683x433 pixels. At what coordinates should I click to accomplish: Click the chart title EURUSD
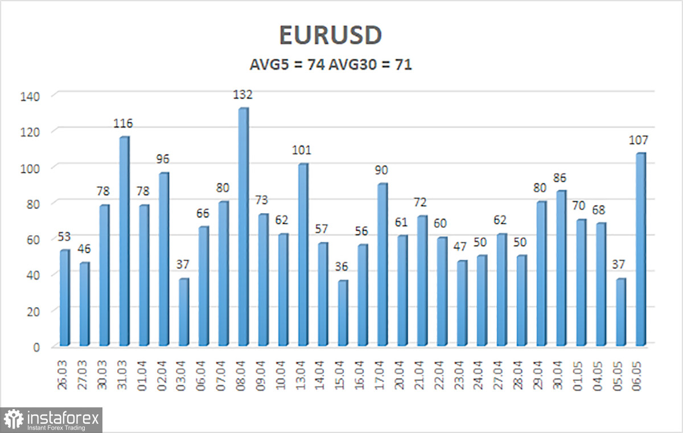click(331, 35)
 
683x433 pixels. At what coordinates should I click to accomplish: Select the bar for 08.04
click(244, 227)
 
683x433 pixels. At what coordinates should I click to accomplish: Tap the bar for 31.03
click(124, 241)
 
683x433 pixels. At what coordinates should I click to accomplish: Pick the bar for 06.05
click(641, 250)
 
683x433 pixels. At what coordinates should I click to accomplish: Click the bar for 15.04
click(343, 313)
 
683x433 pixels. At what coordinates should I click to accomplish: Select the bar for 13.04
click(303, 255)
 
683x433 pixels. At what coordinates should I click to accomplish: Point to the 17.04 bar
click(382, 264)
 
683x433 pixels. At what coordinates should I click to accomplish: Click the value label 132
click(242, 95)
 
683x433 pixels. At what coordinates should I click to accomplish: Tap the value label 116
click(123, 123)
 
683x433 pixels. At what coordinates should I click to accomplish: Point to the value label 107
click(638, 140)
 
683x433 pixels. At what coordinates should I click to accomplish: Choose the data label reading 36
click(341, 267)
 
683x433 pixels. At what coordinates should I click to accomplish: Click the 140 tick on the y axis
click(30, 97)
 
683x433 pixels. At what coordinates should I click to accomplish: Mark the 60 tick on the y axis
click(33, 240)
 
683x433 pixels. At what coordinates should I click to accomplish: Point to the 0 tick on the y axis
click(36, 347)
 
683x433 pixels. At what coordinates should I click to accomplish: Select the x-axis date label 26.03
click(62, 375)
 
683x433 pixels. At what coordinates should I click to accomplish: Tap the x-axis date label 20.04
click(400, 375)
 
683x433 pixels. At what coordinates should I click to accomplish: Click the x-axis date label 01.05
click(578, 375)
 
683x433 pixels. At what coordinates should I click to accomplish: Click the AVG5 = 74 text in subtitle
click(287, 65)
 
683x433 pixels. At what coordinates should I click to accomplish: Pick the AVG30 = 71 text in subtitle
click(371, 65)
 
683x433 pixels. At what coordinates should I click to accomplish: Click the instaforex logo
click(51, 420)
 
